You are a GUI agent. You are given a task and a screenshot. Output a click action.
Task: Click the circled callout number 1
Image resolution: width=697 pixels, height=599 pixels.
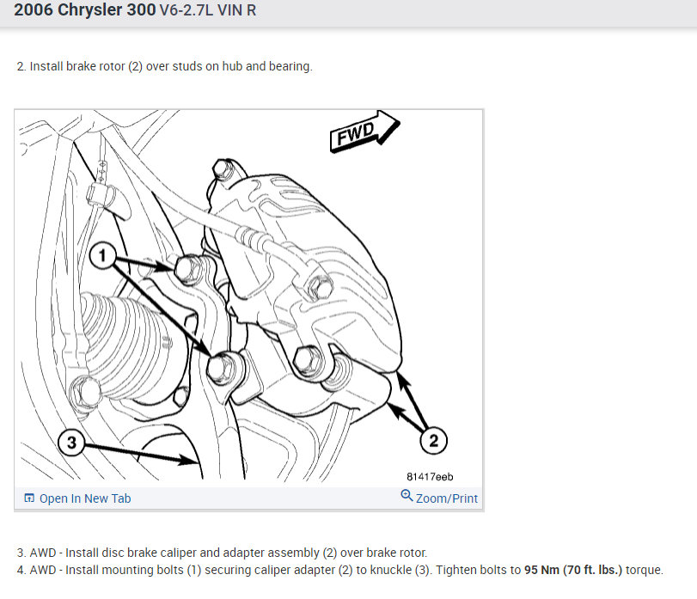102,255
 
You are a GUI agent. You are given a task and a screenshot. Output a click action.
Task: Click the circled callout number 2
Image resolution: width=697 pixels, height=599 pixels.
433,440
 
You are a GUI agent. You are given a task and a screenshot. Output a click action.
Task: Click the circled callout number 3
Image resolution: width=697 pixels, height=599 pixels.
71,442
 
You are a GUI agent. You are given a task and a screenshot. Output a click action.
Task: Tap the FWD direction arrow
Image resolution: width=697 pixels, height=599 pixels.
364,132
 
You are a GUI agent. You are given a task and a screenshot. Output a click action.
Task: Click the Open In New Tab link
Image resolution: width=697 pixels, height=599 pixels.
85,498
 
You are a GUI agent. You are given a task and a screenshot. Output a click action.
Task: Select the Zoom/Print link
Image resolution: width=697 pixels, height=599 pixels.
447,498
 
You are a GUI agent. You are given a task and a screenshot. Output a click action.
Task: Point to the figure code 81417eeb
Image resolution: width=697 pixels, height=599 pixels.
430,477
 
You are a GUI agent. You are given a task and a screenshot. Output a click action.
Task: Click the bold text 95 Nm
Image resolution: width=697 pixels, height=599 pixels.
541,570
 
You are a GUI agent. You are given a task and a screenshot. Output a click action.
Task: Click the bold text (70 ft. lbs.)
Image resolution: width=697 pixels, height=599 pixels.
592,570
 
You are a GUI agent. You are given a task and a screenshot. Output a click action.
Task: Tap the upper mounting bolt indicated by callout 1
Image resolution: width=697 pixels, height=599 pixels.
188,268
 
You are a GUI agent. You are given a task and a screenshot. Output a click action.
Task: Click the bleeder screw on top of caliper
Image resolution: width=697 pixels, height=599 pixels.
222,169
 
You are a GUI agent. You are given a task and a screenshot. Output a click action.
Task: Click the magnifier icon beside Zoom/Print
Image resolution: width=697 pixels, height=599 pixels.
407,496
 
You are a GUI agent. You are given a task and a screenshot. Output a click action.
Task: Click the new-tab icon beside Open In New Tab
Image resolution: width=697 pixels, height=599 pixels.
29,498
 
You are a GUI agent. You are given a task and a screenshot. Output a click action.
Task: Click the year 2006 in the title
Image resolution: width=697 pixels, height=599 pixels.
34,9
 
